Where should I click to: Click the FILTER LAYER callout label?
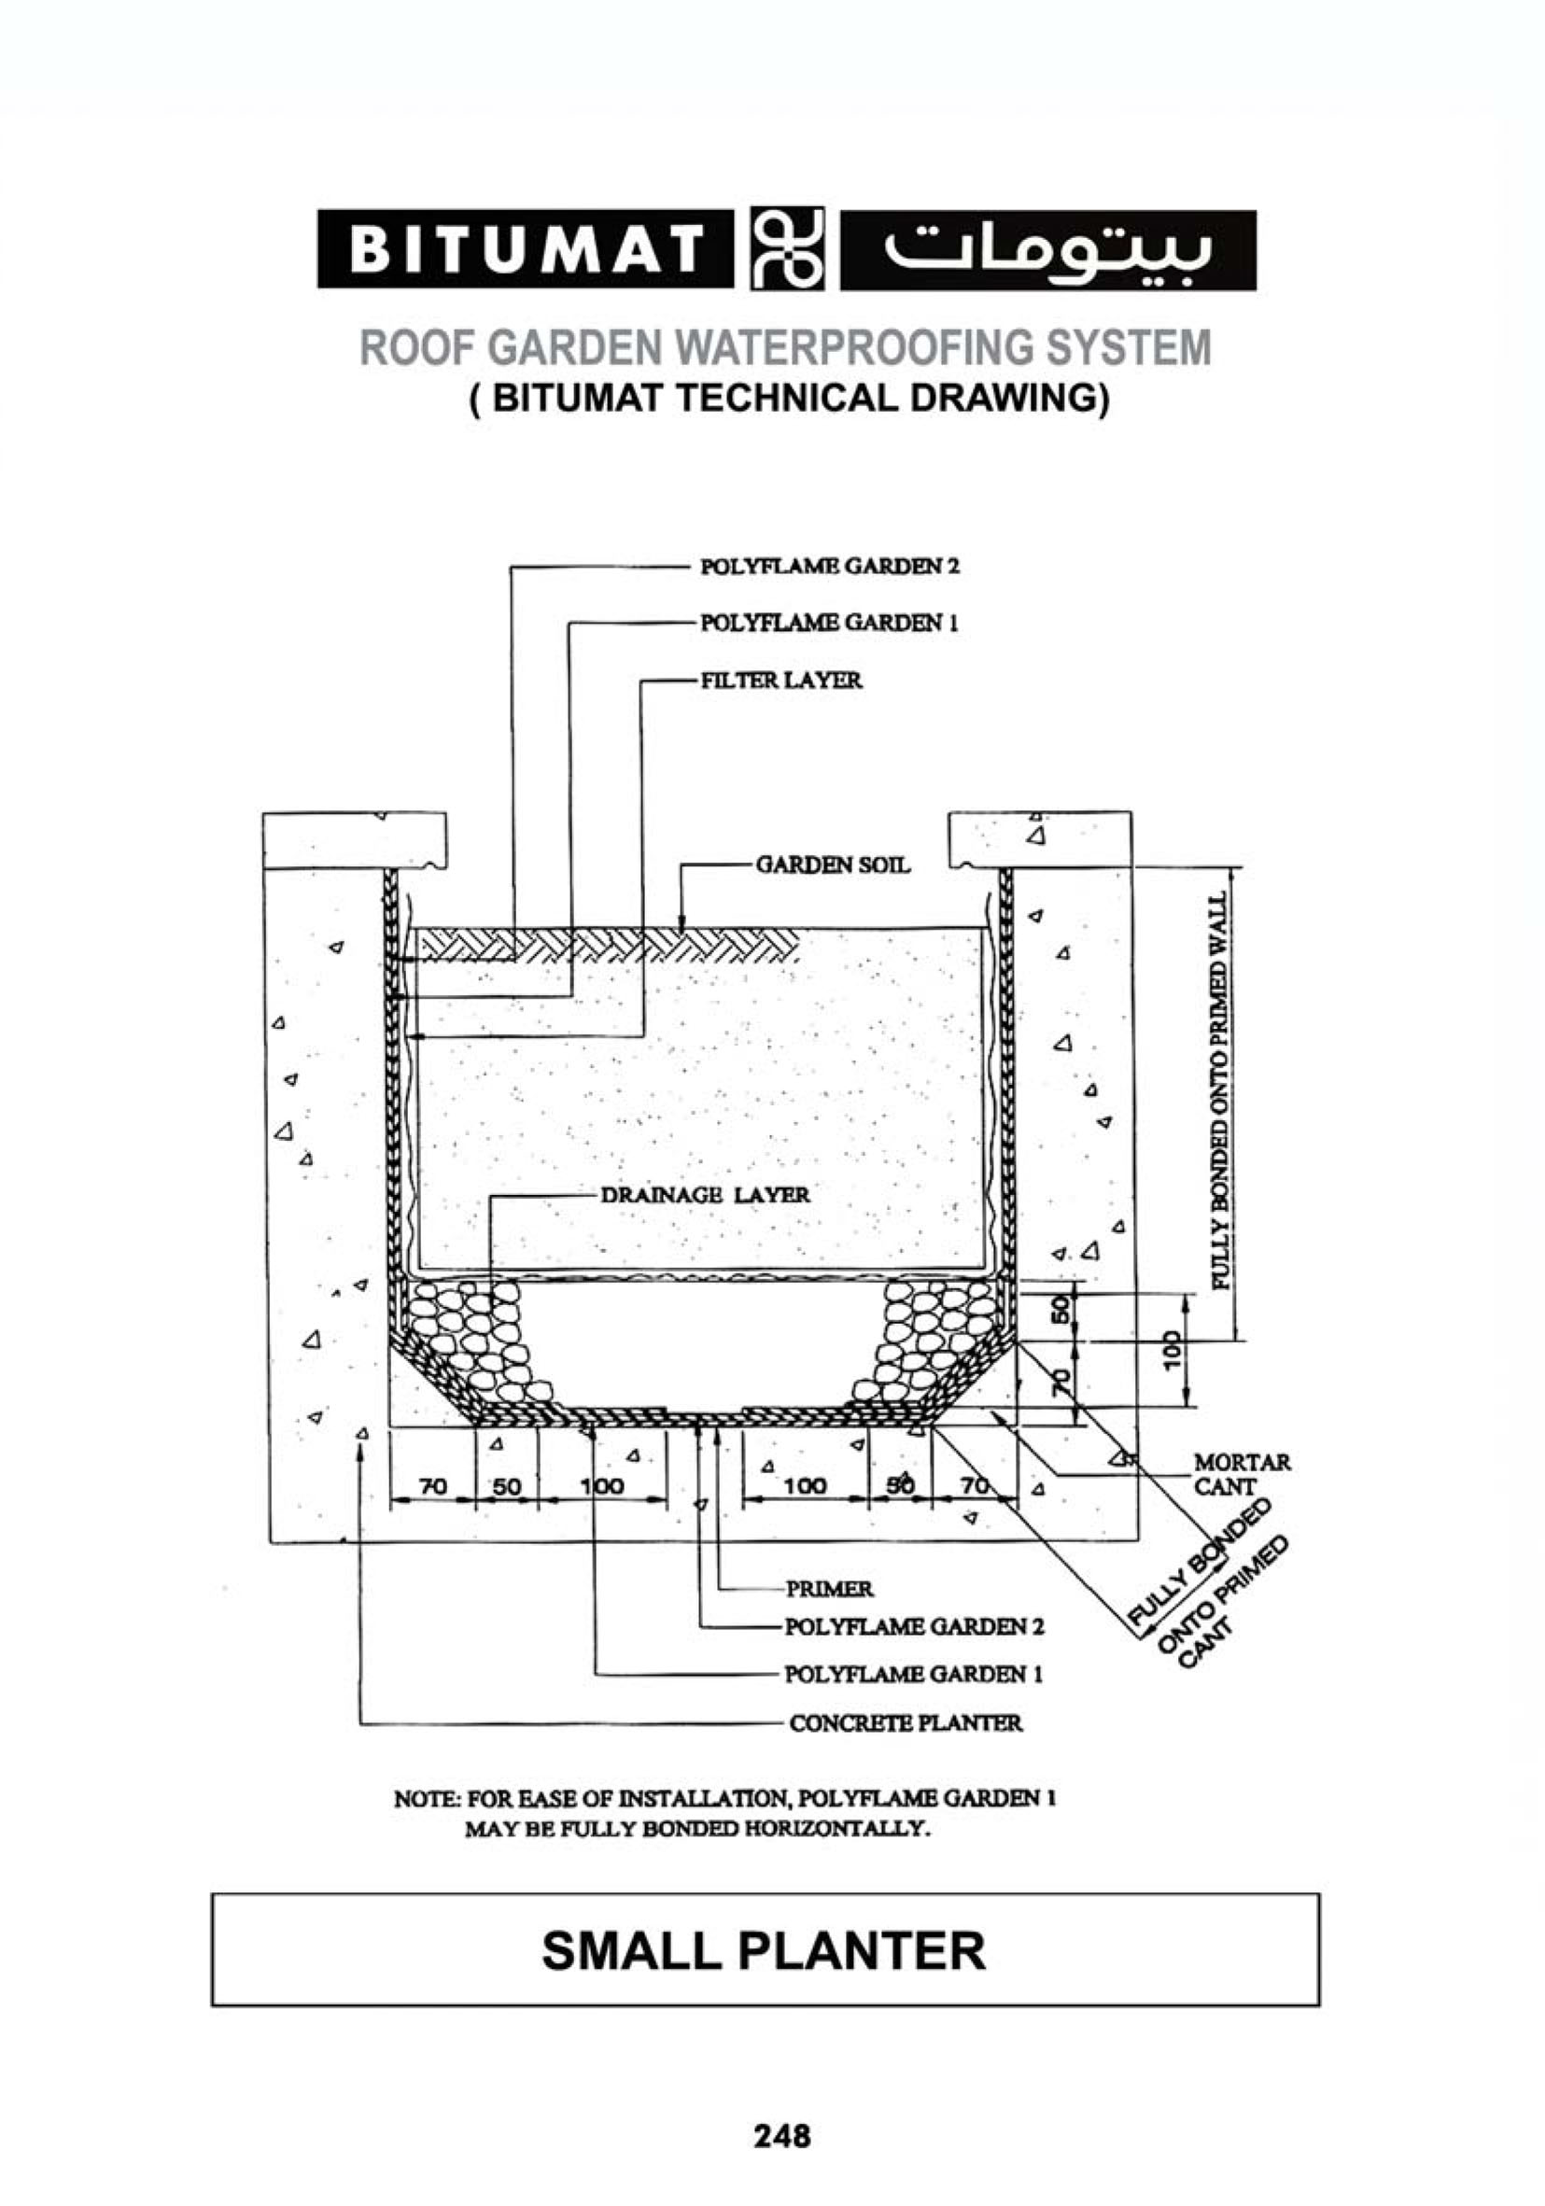point(780,681)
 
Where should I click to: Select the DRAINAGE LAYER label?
point(704,1195)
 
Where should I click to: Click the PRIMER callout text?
point(829,1588)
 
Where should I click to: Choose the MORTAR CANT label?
point(1241,1474)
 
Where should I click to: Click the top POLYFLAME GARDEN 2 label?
point(829,566)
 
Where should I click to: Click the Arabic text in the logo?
point(1046,250)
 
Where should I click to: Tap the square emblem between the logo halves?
point(784,249)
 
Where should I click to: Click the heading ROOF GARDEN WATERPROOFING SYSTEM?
point(784,347)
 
